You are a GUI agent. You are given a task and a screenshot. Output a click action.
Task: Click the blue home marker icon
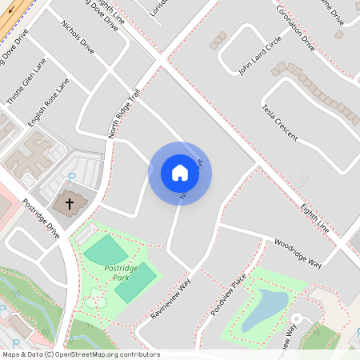click(180, 173)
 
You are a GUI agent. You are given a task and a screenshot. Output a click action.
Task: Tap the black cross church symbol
click(70, 203)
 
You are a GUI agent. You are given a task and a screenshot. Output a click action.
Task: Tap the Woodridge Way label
click(298, 253)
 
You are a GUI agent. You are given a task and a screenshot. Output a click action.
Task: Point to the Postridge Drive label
click(42, 218)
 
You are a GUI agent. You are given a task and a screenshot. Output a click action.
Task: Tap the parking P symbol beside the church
click(71, 176)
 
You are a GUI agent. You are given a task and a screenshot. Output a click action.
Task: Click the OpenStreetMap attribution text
click(81, 354)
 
